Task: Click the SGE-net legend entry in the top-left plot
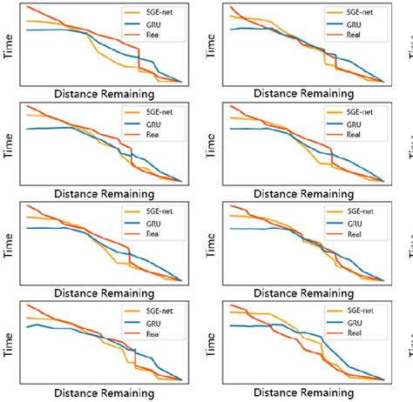point(151,14)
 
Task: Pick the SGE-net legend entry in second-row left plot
point(151,113)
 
